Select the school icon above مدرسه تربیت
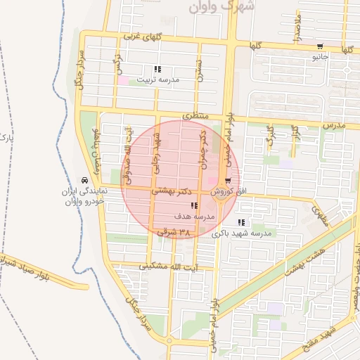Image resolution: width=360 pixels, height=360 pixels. pyautogui.click(x=157, y=70)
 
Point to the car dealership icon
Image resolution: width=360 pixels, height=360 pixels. pyautogui.click(x=84, y=181)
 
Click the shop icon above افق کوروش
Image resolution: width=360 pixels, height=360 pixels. pyautogui.click(x=226, y=181)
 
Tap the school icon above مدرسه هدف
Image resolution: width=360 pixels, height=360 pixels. pyautogui.click(x=194, y=206)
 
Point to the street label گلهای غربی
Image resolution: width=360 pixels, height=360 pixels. pyautogui.click(x=143, y=35)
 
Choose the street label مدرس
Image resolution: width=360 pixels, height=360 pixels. pyautogui.click(x=334, y=124)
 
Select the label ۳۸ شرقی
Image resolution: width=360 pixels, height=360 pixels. pyautogui.click(x=174, y=231)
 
